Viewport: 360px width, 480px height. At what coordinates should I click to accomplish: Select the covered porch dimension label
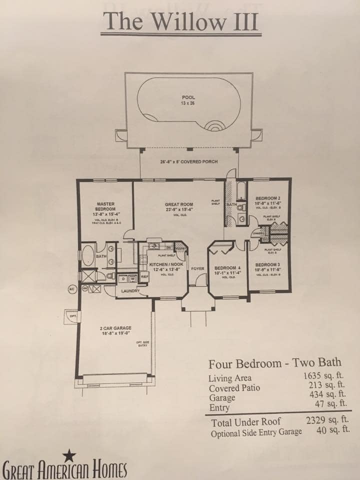pyautogui.click(x=189, y=162)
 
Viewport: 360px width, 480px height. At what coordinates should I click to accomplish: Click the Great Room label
pyautogui.click(x=179, y=207)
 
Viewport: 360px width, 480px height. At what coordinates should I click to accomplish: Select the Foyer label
pyautogui.click(x=197, y=269)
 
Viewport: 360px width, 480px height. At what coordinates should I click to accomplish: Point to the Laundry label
pyautogui.click(x=130, y=290)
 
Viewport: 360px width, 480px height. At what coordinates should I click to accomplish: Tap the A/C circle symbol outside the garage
pyautogui.click(x=71, y=289)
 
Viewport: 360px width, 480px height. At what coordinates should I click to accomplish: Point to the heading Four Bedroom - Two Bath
pyautogui.click(x=274, y=363)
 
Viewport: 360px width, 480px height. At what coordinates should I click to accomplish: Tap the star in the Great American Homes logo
pyautogui.click(x=69, y=455)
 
